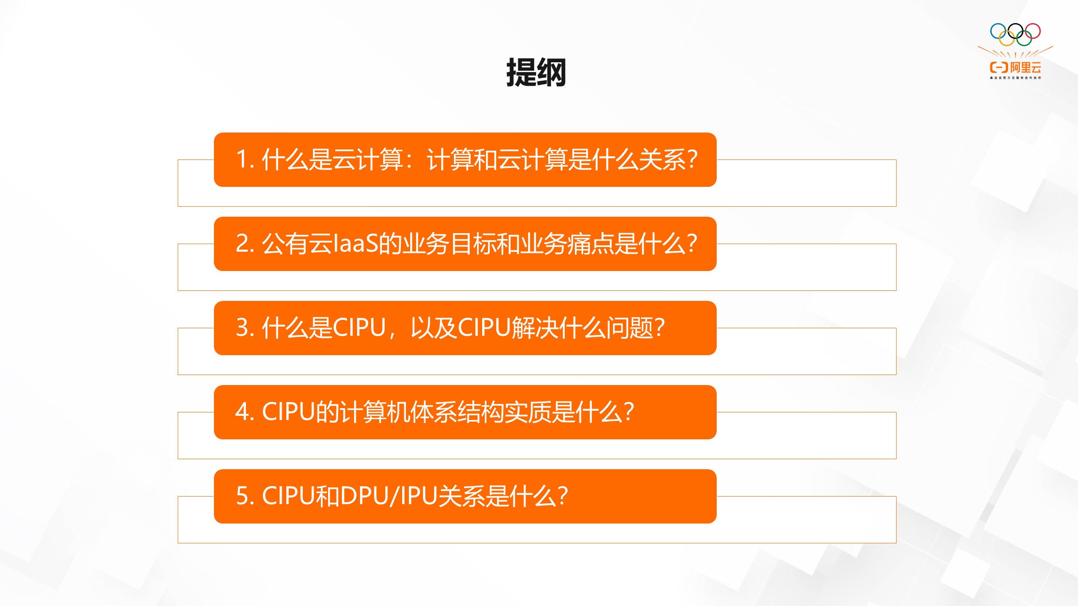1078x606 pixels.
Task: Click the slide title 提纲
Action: [536, 73]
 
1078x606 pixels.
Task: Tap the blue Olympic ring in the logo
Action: [998, 32]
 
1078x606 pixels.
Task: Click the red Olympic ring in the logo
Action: [1033, 31]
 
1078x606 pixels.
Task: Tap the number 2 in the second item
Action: [242, 244]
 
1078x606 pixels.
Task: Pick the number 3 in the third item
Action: [242, 328]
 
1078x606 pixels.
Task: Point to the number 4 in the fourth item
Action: [242, 412]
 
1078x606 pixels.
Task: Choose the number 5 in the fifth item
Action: [242, 496]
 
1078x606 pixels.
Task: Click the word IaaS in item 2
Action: [355, 244]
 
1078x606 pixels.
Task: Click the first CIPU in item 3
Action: [359, 328]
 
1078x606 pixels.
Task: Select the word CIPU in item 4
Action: [288, 412]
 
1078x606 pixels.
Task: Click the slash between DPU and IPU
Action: [394, 496]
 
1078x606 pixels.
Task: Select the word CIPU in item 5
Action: [288, 496]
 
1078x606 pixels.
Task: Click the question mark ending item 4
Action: [629, 412]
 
